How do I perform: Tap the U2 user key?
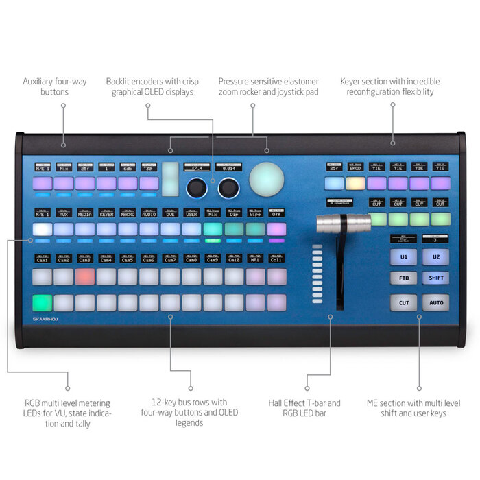coord(436,256)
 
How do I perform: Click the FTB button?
coord(404,278)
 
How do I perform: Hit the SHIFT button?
coord(436,278)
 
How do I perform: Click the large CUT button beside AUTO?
coord(404,302)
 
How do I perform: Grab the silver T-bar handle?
coord(339,223)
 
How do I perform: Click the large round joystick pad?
coord(267,179)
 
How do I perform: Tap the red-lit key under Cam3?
coord(85,276)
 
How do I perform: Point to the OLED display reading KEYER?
coord(106,213)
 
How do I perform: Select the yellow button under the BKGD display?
coord(355,183)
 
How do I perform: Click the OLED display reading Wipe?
coord(254,213)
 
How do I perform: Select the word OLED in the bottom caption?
coord(188,413)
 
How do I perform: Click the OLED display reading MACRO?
coord(128,213)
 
